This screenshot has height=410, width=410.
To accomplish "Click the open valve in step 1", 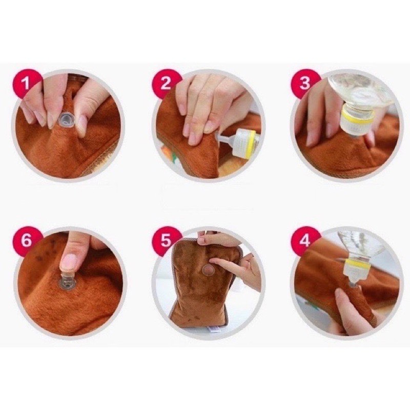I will tap(66, 120).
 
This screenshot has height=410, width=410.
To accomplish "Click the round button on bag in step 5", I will tap(209, 270).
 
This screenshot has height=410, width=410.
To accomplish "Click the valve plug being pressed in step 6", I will tap(67, 281).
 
